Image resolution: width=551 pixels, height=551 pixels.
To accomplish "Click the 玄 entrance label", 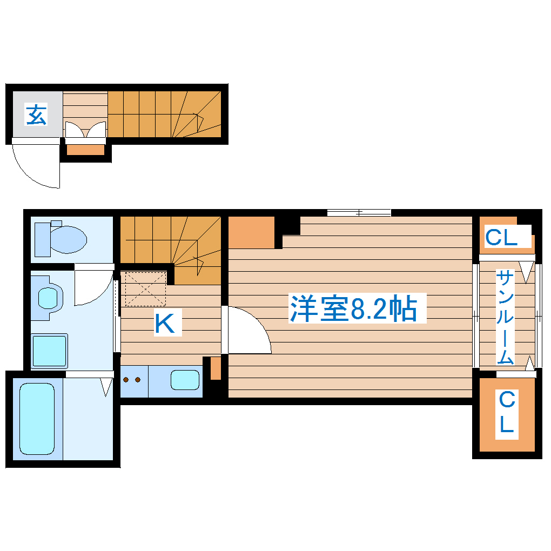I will coord(36,115).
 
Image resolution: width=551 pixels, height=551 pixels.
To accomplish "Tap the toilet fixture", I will coord(61,238).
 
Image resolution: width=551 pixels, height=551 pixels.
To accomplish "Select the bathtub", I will coord(37,418).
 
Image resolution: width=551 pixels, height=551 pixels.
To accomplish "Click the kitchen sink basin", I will coord(185,380).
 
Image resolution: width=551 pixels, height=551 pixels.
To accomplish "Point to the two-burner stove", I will coord(132,380).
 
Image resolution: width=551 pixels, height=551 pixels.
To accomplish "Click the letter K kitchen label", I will coord(165,324).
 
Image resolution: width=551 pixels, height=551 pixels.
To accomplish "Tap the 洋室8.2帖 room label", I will coord(353,309).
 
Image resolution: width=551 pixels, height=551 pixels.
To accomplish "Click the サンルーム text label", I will coord(506,317).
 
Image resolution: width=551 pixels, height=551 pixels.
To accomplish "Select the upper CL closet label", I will coord(501,237).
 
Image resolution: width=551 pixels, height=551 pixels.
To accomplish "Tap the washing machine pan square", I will coord(49,351).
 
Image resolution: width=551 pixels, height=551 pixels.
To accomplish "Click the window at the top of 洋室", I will coord(359,213).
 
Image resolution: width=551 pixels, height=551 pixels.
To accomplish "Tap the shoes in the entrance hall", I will coord(85,130).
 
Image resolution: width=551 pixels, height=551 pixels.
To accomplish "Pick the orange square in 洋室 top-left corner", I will coord(251,232).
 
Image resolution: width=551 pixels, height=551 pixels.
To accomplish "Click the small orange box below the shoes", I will coord(85,150).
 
